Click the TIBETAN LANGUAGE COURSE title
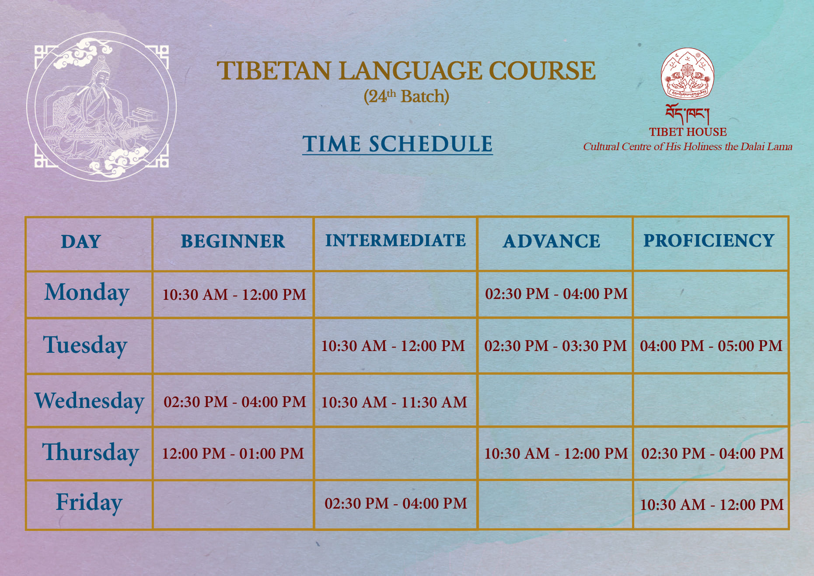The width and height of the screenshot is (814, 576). pos(406,71)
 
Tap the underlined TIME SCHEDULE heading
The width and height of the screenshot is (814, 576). pos(397,144)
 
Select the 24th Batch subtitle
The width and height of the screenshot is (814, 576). pos(406,96)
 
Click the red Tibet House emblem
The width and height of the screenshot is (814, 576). pos(688,73)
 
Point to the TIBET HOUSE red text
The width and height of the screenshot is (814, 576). pos(688,132)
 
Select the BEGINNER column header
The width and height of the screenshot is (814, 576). pos(233,241)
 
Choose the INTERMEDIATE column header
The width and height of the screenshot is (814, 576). pos(395,240)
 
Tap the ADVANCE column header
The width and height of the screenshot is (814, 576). pos(552,241)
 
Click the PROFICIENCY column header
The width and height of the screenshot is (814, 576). pos(709,240)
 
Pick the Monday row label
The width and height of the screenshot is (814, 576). pos(87,292)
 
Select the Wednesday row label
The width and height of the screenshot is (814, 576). pos(89,400)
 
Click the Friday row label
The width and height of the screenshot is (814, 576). pos(89,502)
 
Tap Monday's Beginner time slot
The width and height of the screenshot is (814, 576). pos(234,295)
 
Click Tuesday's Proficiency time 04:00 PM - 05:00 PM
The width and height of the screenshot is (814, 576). pos(711,346)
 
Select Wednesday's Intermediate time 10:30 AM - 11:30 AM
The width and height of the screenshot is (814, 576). pos(394,402)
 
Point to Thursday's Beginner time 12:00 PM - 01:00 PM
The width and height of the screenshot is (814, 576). pos(233,453)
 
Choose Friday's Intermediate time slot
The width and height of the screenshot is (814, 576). pos(396,503)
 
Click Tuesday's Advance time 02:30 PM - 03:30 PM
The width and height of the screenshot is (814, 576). pos(555,346)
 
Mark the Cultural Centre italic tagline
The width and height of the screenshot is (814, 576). pos(688,147)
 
